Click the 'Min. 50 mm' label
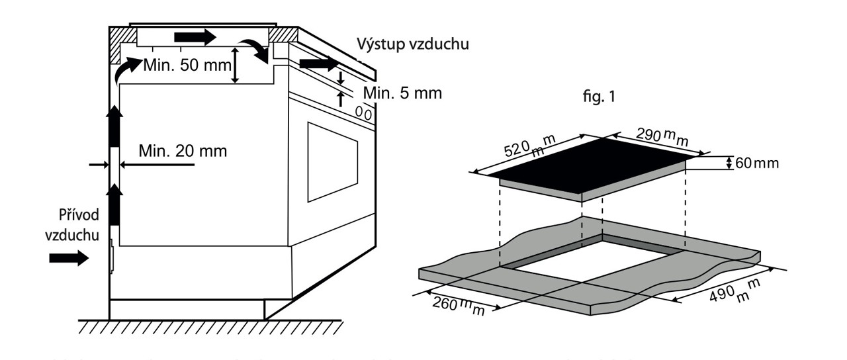coord(185,66)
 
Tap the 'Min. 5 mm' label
coord(402,93)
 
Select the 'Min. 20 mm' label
coord(183,151)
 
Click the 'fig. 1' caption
coord(598,96)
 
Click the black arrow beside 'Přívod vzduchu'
coord(69,257)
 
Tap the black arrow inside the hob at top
coord(195,37)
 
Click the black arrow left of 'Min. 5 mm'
coord(318,64)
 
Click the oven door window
coord(332,161)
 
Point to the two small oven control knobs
coord(363,113)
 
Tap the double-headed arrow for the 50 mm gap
coord(235,65)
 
